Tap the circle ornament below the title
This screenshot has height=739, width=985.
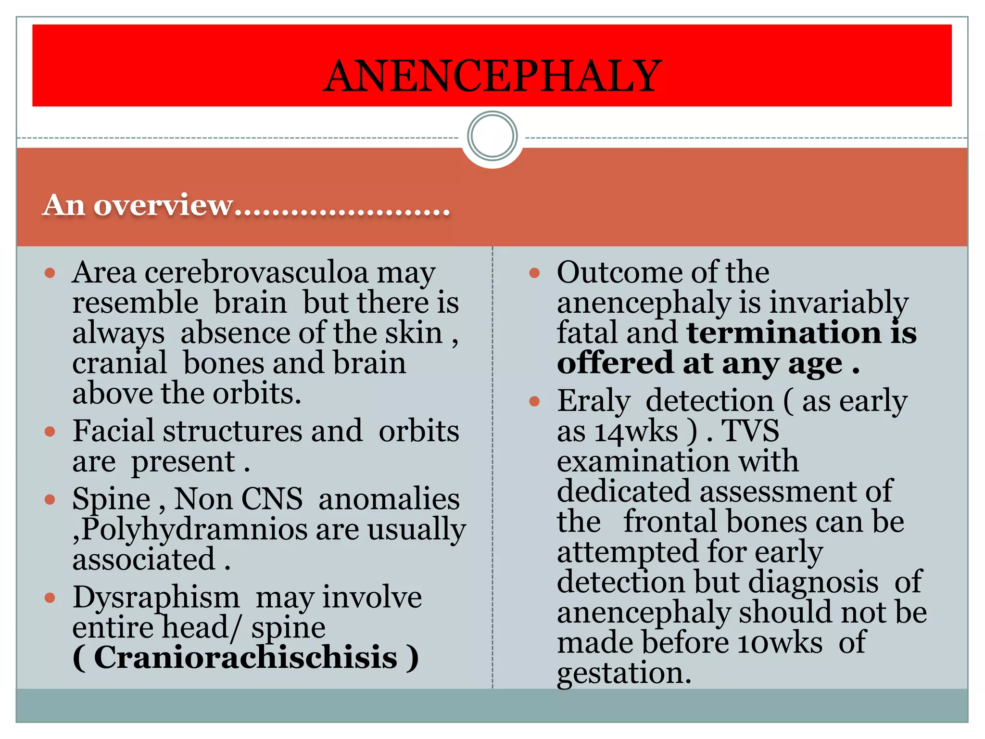492,136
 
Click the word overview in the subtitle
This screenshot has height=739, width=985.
164,205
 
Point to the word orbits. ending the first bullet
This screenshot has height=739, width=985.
257,394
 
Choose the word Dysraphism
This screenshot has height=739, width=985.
156,598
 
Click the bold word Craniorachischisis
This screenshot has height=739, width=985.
245,658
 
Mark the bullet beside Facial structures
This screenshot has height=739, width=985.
50,432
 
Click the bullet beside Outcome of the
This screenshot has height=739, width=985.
534,273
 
